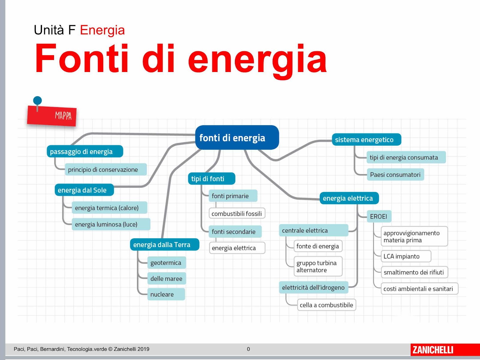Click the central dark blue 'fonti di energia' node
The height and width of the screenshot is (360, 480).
click(x=237, y=137)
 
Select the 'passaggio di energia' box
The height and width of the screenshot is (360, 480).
click(x=85, y=151)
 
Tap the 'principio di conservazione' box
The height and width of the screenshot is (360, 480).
click(x=106, y=169)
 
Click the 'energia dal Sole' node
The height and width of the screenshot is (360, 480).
click(x=84, y=190)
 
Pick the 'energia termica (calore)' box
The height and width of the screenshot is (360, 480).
click(x=109, y=208)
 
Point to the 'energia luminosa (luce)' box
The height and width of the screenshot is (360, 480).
click(x=111, y=224)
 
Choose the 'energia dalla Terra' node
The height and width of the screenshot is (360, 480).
click(x=164, y=244)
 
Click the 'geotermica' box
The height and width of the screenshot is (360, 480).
click(x=166, y=262)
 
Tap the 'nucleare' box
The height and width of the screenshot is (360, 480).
click(x=166, y=294)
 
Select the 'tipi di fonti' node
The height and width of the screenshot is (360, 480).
click(x=211, y=178)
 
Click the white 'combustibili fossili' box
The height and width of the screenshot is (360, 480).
click(x=237, y=213)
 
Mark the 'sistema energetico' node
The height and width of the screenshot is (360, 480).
click(x=367, y=139)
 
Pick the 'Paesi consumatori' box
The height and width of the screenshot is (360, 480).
click(x=395, y=174)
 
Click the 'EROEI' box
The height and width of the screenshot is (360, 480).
click(x=379, y=216)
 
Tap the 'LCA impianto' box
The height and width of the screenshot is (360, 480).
click(x=406, y=256)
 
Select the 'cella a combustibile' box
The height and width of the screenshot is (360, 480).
click(x=326, y=305)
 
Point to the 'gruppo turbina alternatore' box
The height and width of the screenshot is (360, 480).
click(x=318, y=266)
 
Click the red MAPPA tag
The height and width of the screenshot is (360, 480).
click(x=52, y=116)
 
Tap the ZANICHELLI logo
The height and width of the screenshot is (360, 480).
click(x=433, y=350)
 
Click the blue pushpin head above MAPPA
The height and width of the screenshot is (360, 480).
click(x=37, y=100)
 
